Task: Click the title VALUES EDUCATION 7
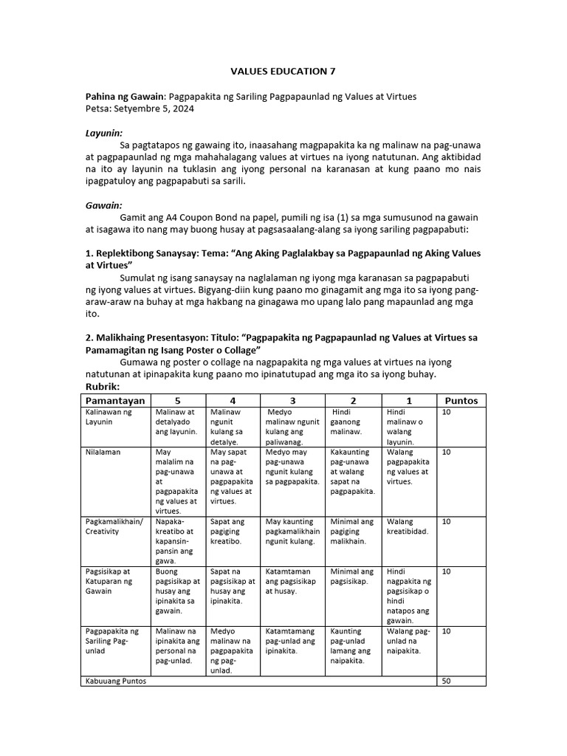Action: [x=283, y=71]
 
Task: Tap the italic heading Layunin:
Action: [x=103, y=134]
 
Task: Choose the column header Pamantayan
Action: [x=114, y=400]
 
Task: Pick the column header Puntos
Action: [x=461, y=400]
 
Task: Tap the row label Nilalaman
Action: [x=104, y=451]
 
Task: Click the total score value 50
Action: [x=446, y=681]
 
